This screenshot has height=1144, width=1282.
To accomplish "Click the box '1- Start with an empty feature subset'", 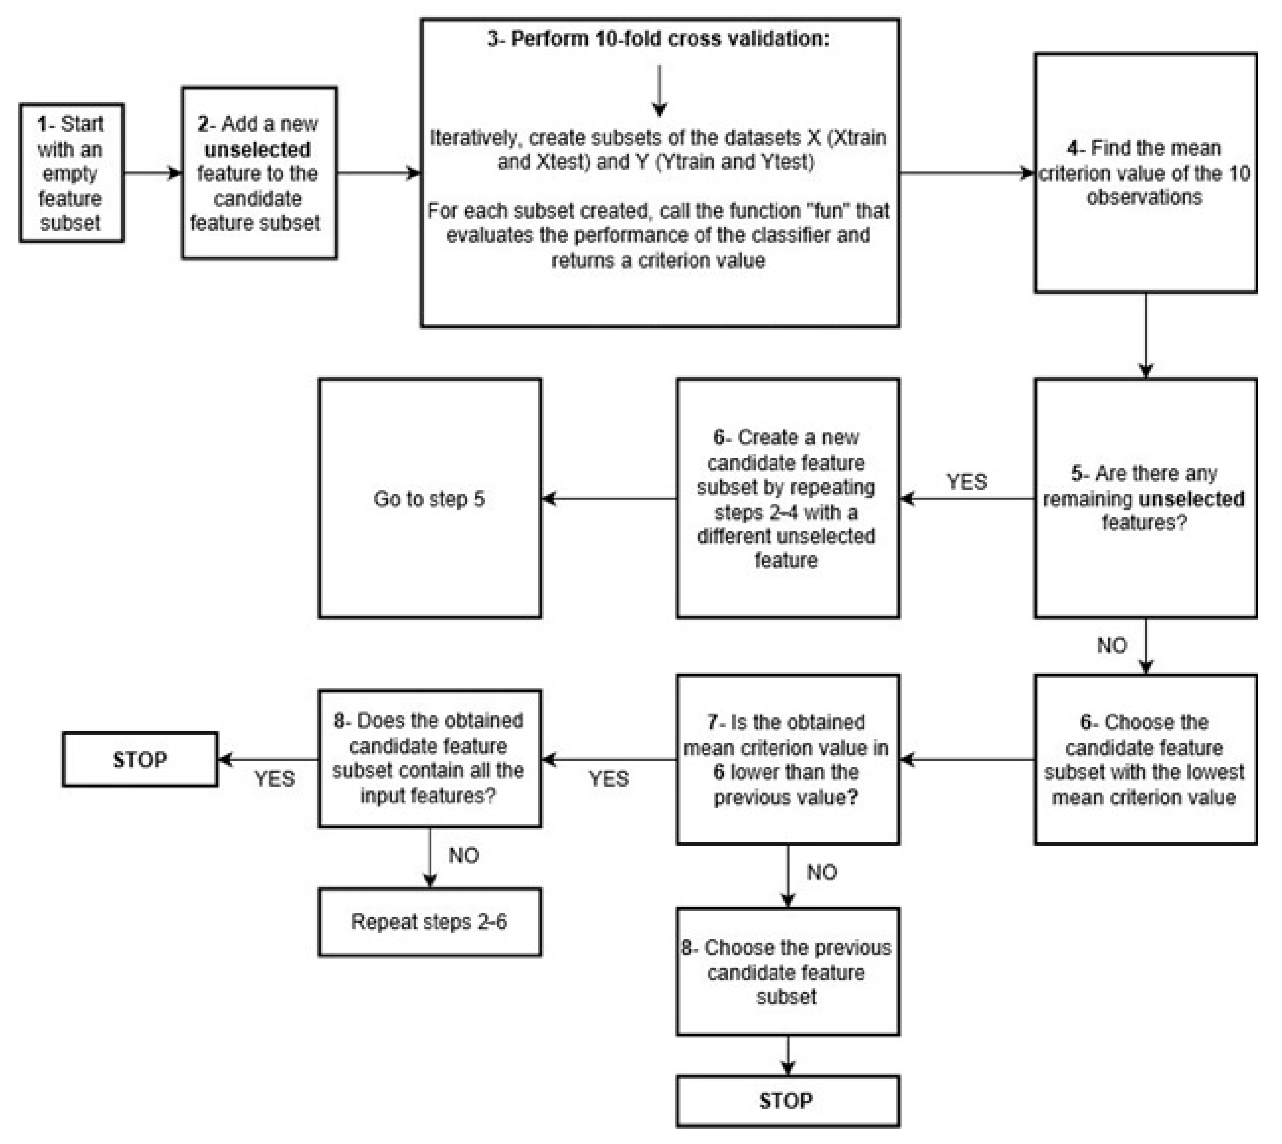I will pyautogui.click(x=71, y=173).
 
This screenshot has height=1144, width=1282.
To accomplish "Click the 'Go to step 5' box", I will pyautogui.click(x=430, y=498).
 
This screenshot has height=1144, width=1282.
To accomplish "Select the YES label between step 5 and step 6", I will pyautogui.click(x=966, y=482).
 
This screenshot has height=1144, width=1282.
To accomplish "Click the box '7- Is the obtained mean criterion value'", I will pyautogui.click(x=787, y=759).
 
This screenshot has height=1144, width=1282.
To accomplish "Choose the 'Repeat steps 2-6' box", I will pyautogui.click(x=430, y=921).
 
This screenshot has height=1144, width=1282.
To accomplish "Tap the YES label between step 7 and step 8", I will pyautogui.click(x=608, y=779).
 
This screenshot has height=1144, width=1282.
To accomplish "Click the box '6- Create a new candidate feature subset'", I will pyautogui.click(x=787, y=498).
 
